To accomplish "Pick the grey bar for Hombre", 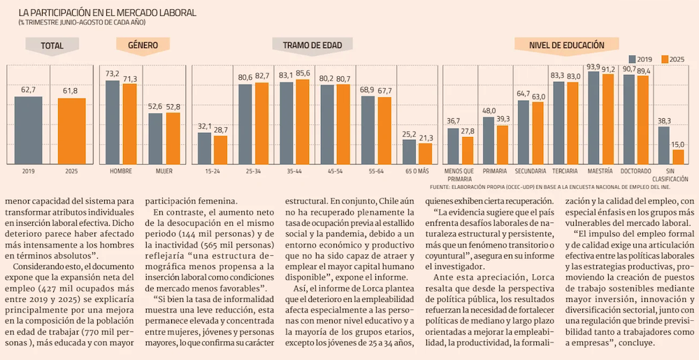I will click(113, 122).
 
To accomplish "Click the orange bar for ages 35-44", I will click(302, 121).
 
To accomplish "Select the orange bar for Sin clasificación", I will click(677, 156).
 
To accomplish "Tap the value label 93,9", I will click(593, 67).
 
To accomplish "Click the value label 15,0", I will click(677, 144).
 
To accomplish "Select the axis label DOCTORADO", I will click(635, 171).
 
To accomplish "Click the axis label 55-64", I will click(376, 171).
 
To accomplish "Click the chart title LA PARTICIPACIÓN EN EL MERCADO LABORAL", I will click(108, 13).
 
